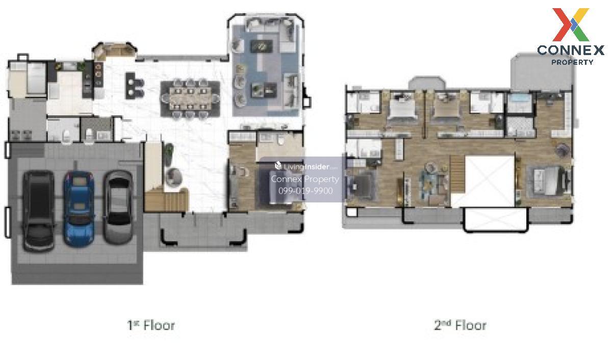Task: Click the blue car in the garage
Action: [x=79, y=209]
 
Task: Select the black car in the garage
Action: [x=39, y=211]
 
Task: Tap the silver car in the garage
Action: [x=118, y=207]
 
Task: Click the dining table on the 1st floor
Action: [x=190, y=98]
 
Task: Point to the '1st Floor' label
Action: [x=151, y=325]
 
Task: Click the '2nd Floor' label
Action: [x=461, y=325]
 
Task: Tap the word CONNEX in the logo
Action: [x=571, y=50]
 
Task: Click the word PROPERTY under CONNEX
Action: [x=572, y=62]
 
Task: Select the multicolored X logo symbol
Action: [x=571, y=24]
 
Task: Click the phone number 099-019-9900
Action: [x=305, y=191]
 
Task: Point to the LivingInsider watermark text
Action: [x=306, y=166]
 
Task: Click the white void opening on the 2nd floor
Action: [x=490, y=181]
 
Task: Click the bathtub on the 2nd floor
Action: [x=520, y=103]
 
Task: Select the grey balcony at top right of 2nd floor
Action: [x=542, y=72]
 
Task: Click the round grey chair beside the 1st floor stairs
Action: [x=173, y=177]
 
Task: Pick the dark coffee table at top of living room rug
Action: [x=261, y=46]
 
